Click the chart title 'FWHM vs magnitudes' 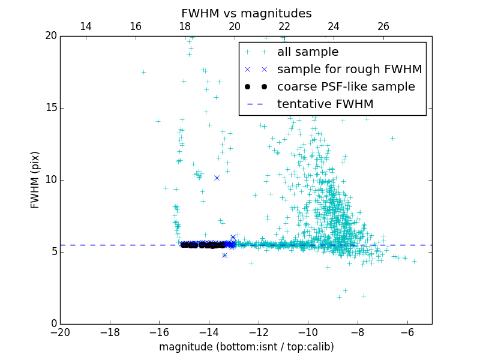click(246, 13)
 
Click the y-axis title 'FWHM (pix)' click(35, 180)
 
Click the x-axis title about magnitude click(246, 347)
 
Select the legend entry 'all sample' click(307, 52)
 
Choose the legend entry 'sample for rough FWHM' click(349, 70)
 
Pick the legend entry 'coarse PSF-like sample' click(346, 87)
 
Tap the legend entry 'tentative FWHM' click(325, 104)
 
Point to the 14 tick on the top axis click(85, 26)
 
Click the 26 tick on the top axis click(383, 26)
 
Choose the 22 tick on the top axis click(284, 26)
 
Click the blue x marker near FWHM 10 click(217, 178)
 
